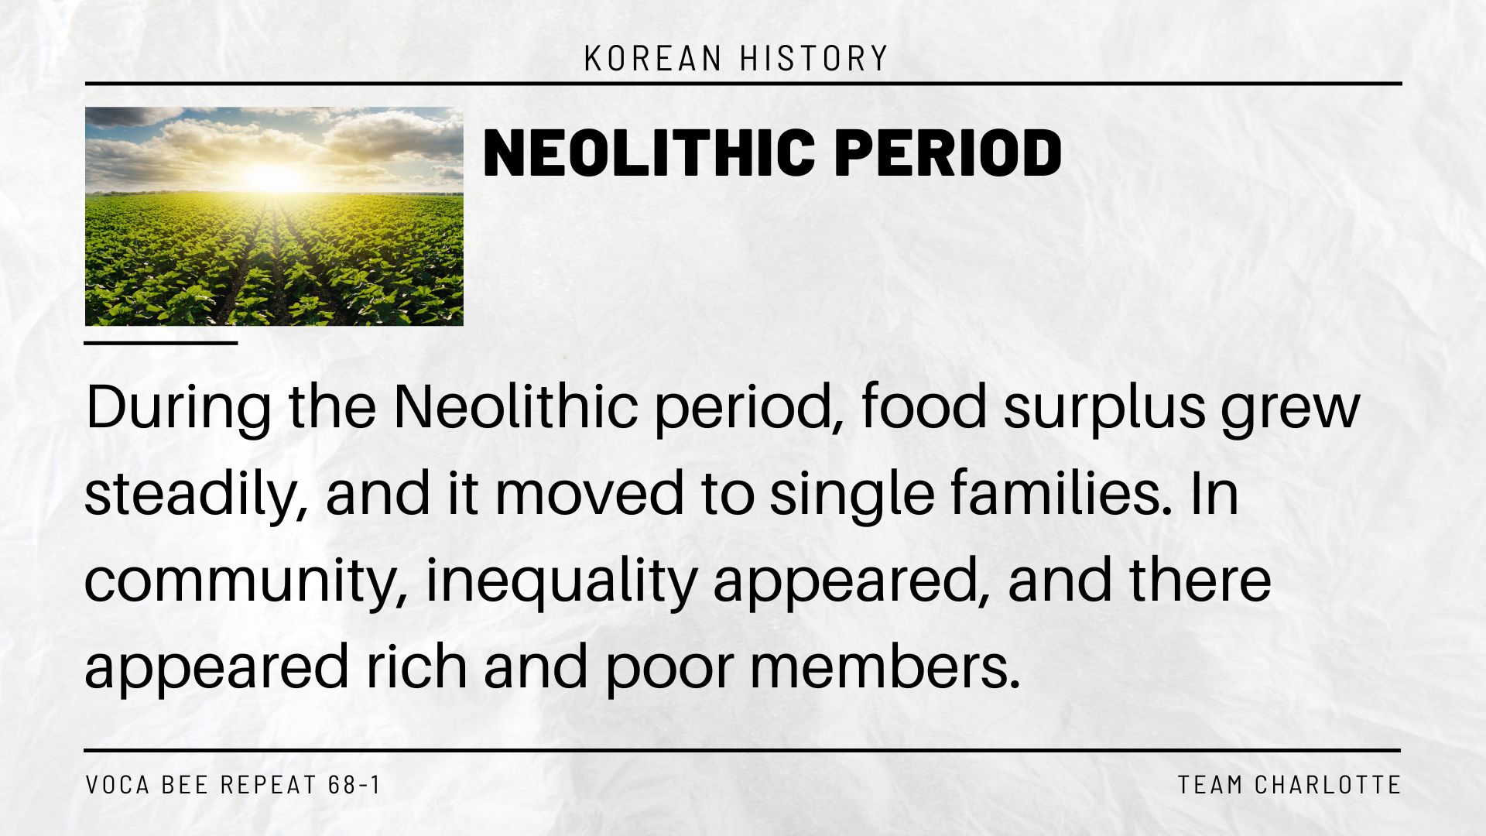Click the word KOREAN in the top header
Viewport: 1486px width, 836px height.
pos(653,59)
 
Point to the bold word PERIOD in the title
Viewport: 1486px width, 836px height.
pos(948,152)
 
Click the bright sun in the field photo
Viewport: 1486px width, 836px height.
pos(270,176)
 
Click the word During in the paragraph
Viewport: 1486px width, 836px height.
pos(179,409)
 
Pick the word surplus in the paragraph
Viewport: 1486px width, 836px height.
pos(1104,409)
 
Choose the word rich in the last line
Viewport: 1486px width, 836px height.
pos(416,667)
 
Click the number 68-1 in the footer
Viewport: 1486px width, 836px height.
pos(354,785)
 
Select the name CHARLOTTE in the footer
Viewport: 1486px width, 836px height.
pos(1328,785)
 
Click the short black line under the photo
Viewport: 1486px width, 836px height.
pos(161,342)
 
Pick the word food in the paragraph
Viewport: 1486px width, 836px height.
pos(924,407)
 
